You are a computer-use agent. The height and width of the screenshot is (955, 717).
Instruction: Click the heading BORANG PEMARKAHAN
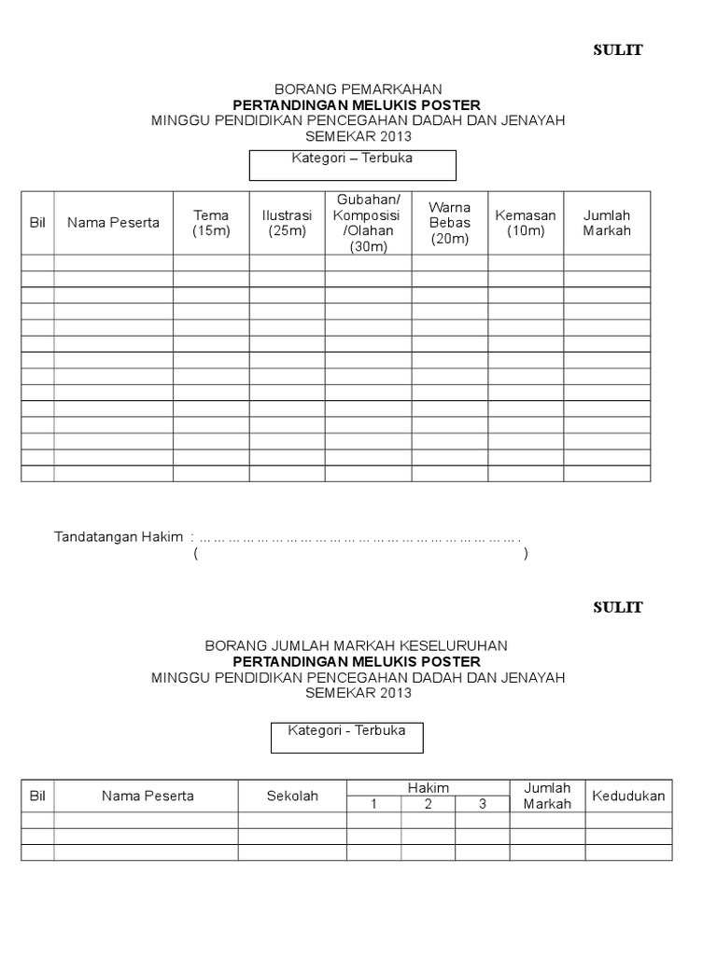coord(358,89)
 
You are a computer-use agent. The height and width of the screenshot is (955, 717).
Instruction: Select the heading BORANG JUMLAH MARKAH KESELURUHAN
coord(358,645)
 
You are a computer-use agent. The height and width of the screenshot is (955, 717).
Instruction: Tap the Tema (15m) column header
coord(211,223)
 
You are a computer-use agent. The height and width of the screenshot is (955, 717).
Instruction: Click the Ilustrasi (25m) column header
coord(287,223)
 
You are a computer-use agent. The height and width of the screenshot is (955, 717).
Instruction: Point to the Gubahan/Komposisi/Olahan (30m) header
coord(368,223)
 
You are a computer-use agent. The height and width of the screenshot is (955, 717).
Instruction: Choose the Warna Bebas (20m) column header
coord(449,223)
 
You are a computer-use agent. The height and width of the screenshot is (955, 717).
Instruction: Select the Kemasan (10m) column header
coord(526,223)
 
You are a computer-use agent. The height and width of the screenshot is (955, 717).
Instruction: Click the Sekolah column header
coord(292,796)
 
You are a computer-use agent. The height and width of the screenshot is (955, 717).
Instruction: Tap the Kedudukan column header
coord(628,796)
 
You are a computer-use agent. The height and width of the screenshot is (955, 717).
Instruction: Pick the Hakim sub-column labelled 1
coord(373,804)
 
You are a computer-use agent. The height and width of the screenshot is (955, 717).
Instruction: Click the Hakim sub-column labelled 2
coord(428,804)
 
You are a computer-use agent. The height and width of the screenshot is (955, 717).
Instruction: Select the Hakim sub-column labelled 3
coord(482,804)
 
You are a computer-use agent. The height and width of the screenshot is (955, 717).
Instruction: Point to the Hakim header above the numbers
coord(428,788)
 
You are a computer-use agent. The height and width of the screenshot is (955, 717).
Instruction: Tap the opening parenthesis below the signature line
coord(196,554)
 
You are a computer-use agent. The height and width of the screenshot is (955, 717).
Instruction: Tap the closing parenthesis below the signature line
coord(527,554)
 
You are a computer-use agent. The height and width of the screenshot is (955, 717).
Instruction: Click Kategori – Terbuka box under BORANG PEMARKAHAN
coord(352,164)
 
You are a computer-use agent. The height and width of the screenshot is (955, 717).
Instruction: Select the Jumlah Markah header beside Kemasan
coord(607,223)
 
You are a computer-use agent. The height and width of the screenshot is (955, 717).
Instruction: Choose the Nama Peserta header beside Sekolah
coord(148,796)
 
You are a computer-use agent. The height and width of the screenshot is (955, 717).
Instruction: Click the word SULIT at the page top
coord(618,50)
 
